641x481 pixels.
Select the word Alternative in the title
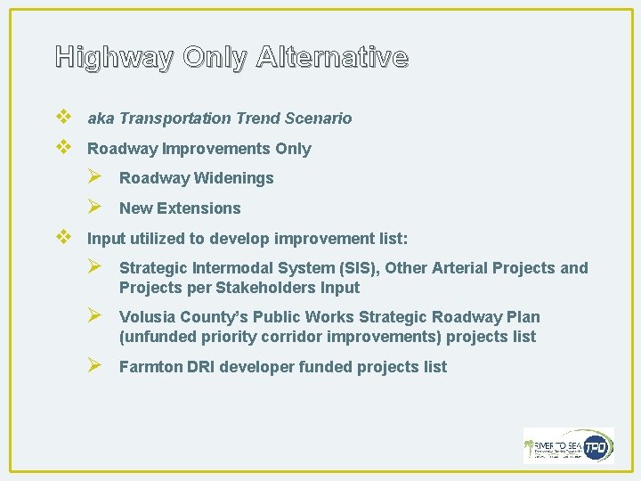coord(331,58)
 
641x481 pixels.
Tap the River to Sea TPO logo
coord(568,445)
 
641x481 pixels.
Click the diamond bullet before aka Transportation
coord(62,118)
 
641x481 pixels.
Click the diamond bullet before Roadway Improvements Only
coord(62,148)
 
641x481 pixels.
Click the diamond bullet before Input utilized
coord(62,238)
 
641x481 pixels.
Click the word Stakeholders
coord(273,288)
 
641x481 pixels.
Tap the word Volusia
coord(147,317)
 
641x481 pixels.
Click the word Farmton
coord(150,367)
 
